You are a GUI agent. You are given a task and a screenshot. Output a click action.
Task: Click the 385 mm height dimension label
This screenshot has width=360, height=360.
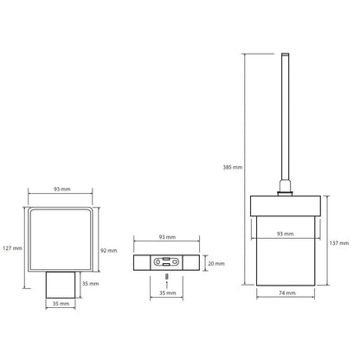(x=233, y=167)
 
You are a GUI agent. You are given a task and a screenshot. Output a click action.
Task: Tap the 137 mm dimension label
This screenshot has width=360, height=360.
(x=339, y=243)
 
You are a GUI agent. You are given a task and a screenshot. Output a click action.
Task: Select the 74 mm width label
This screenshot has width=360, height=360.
(x=287, y=292)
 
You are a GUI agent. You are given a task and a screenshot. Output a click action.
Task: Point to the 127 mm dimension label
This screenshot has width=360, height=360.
(x=12, y=248)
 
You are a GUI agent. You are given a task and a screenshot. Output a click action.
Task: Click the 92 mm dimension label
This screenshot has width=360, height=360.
(x=109, y=251)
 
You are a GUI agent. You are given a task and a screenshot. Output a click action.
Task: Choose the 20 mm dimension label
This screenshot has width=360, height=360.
(x=216, y=263)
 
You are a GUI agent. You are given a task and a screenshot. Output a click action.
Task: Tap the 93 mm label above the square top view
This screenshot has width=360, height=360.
(x=61, y=190)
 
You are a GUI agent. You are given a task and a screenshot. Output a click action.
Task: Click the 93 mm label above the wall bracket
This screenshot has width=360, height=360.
(x=167, y=237)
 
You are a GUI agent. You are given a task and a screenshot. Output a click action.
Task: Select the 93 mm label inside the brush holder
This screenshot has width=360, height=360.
(x=285, y=234)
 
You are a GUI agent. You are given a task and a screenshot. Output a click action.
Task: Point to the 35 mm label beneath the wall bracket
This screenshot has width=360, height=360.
(x=167, y=292)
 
